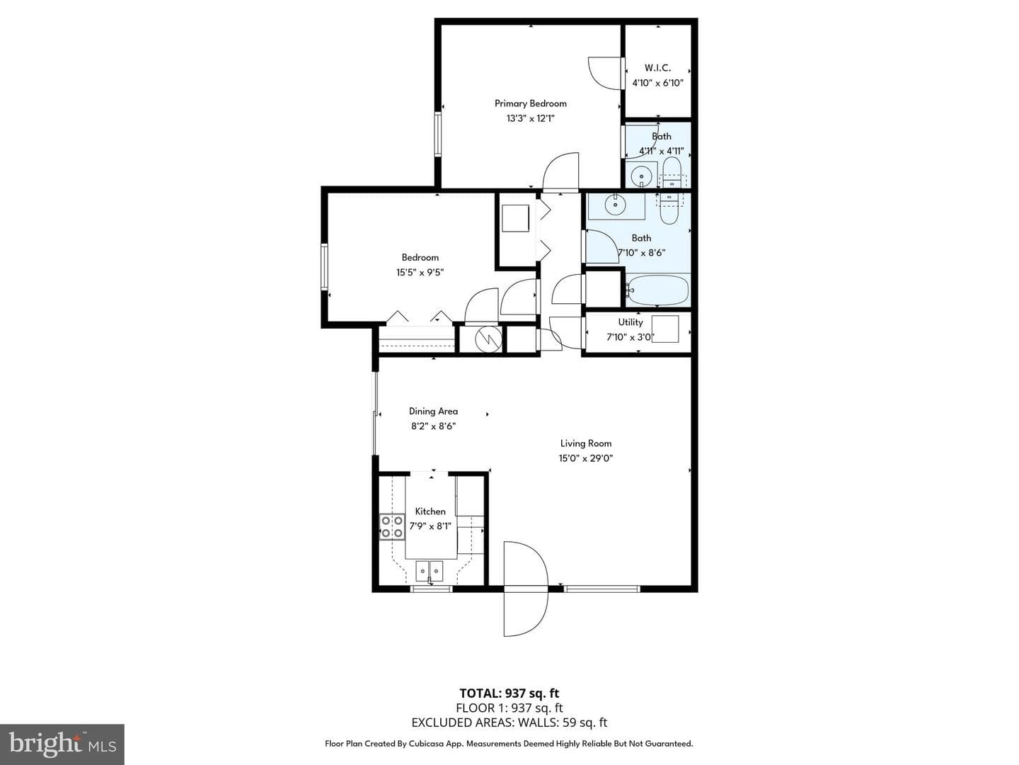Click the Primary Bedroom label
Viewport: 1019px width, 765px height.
(530, 103)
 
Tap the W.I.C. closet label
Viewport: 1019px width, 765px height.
(657, 68)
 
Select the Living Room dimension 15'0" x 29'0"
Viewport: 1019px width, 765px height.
(585, 458)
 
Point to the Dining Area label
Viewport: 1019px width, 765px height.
(433, 411)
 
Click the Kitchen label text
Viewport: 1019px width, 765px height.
(430, 511)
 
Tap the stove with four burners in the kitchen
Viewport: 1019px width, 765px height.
(391, 527)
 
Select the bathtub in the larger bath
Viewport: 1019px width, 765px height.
(657, 290)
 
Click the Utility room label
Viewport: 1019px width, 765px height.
(630, 322)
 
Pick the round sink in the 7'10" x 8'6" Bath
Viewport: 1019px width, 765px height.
(616, 205)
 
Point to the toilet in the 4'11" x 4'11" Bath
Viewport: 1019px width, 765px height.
(670, 173)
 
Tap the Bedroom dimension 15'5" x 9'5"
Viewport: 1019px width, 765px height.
(420, 272)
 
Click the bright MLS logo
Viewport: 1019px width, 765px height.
(62, 744)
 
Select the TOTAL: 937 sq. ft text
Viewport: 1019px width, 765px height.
(509, 693)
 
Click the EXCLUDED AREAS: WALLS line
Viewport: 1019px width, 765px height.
(509, 722)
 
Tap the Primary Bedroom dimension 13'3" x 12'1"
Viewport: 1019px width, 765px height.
(530, 118)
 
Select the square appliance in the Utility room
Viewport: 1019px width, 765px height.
(665, 329)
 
